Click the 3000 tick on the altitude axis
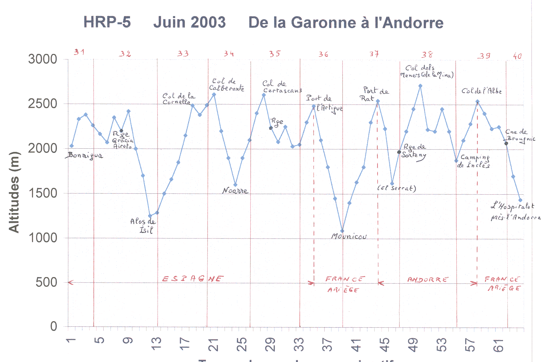[42, 59]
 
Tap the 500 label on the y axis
[46, 282]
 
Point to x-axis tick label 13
[156, 344]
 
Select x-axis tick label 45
[384, 345]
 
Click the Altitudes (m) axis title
[14, 192]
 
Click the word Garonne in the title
[323, 23]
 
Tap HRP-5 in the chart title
[107, 22]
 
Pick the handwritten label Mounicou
[349, 236]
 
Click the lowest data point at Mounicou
[342, 231]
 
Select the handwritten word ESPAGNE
[193, 279]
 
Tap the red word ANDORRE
[428, 280]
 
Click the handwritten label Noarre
[235, 190]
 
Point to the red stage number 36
[323, 54]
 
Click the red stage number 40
[517, 56]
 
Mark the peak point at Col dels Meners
[420, 86]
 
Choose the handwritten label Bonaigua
[85, 156]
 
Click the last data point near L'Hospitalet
[520, 200]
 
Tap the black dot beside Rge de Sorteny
[399, 152]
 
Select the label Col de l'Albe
[481, 91]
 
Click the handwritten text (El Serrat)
[397, 188]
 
